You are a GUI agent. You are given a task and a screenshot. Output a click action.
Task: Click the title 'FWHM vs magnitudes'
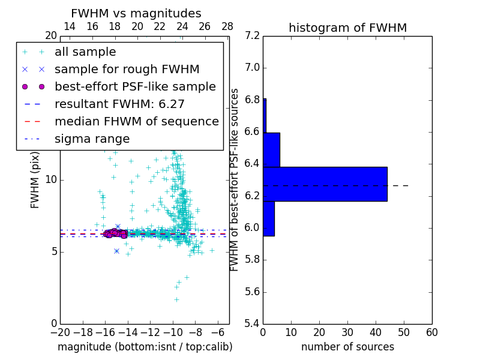[x=136, y=14]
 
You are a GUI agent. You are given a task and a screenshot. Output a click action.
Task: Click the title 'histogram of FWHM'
[x=347, y=28]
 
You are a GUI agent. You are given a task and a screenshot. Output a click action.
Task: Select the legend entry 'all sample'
[x=85, y=52]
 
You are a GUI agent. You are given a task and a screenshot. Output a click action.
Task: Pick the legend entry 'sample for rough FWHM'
[x=127, y=70]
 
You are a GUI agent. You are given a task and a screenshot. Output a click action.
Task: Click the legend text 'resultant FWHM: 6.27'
[x=119, y=104]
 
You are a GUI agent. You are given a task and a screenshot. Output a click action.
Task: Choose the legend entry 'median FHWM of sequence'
[x=136, y=122]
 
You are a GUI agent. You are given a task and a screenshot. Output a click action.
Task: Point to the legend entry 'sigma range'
[x=92, y=139]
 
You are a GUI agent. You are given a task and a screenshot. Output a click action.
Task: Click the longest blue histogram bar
[x=325, y=184]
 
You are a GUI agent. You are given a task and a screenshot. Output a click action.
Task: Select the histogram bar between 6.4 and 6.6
[x=271, y=149]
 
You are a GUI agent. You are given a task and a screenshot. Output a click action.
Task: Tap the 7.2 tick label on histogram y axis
[x=253, y=36]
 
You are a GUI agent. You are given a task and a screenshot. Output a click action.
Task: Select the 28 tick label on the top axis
[x=227, y=27]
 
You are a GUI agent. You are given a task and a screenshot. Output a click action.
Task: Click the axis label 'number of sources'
[x=347, y=347]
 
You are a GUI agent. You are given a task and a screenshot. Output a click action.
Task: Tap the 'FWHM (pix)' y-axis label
[x=35, y=180]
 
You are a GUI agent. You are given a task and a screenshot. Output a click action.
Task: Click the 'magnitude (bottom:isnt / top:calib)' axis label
[x=145, y=347]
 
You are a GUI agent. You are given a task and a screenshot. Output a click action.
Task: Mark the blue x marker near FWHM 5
[x=116, y=251]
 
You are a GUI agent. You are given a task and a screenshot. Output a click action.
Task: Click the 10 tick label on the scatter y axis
[x=51, y=180]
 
